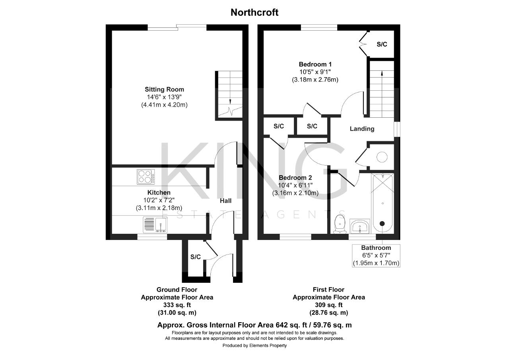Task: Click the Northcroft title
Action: click(254, 12)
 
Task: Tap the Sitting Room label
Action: click(164, 90)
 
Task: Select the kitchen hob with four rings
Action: click(146, 176)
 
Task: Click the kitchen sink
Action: click(155, 224)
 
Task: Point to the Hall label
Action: click(225, 200)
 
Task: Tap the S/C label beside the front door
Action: click(195, 257)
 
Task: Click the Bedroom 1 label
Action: click(315, 64)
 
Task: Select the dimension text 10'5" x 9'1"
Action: click(315, 72)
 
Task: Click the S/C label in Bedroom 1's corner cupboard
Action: click(382, 44)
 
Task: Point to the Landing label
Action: click(362, 129)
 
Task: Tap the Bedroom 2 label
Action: click(295, 177)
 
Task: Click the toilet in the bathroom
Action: click(340, 224)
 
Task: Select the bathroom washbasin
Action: click(359, 226)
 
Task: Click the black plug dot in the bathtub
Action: click(382, 224)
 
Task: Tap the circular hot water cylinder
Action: click(382, 157)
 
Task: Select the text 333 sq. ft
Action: click(177, 305)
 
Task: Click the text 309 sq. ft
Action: click(328, 305)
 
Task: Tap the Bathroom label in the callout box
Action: click(376, 248)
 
